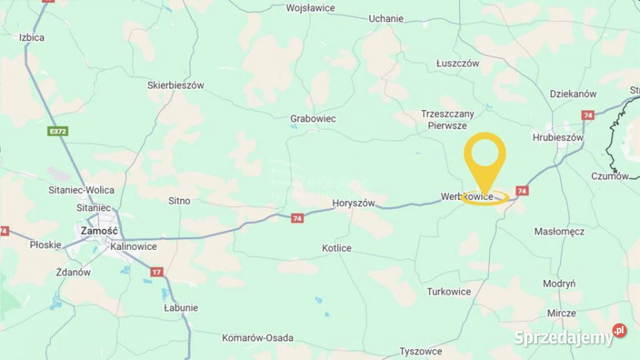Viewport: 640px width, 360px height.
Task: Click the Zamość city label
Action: coord(99,231)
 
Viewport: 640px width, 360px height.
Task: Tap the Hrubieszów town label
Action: coord(558,138)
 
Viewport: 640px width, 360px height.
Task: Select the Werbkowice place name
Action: coord(467,197)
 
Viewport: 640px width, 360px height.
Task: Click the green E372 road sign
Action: coord(58,131)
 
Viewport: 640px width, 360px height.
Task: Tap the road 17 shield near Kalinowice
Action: coord(157,272)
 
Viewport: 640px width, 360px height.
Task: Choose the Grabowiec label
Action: coord(313,119)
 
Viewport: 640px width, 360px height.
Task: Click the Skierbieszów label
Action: coord(175,85)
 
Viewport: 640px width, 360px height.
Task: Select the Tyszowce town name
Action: coord(421,351)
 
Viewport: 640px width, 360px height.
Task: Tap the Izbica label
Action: coord(32,37)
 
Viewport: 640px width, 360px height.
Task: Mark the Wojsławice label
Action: coord(310,9)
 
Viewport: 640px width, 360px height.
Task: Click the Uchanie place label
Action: coord(386,19)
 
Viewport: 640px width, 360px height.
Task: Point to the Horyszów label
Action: coord(353,203)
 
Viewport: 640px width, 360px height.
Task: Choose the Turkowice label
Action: coord(449,292)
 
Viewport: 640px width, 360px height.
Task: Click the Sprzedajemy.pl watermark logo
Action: coord(570,337)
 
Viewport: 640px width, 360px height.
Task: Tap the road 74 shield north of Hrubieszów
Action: coord(587,115)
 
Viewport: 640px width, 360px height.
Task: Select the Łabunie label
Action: coord(181,308)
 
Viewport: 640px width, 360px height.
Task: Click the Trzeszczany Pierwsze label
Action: coord(447,119)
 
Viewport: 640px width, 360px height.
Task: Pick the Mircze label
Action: coord(561,313)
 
